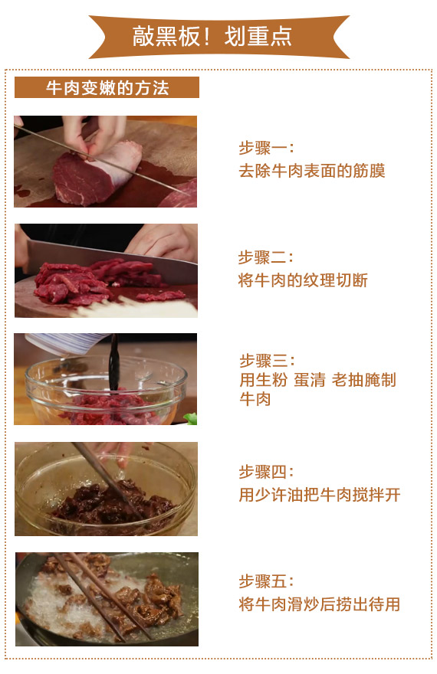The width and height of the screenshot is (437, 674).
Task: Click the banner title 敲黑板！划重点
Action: click(x=212, y=36)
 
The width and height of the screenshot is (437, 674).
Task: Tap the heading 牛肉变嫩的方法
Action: click(x=107, y=87)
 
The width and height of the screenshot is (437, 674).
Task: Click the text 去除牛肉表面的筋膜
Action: click(x=312, y=171)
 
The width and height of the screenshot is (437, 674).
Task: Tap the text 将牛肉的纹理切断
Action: click(x=304, y=280)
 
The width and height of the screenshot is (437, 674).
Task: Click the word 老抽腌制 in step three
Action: click(x=364, y=380)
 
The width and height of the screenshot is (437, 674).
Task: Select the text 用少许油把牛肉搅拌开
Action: click(x=320, y=495)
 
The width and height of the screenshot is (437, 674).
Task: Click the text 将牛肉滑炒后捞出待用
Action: click(x=320, y=604)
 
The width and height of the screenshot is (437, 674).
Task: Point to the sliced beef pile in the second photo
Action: click(x=94, y=282)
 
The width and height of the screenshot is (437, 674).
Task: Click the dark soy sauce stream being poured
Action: click(x=114, y=363)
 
